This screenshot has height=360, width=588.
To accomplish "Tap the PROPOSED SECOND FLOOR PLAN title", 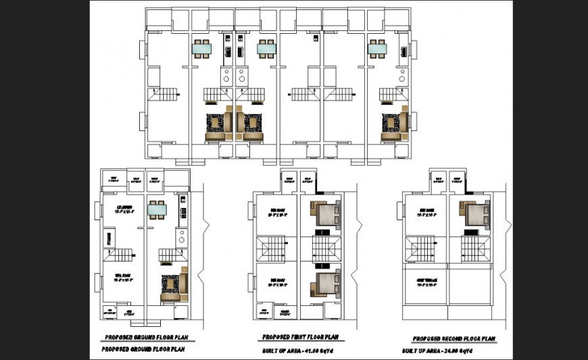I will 454,338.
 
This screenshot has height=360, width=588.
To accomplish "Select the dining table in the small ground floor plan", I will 157,211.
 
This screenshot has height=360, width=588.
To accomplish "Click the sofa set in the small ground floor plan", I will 172,286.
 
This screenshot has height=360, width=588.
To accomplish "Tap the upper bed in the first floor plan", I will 326,214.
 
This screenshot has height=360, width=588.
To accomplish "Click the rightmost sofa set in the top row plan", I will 393,126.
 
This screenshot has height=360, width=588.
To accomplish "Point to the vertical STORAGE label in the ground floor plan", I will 108,238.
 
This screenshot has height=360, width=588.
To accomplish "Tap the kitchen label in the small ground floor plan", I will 124,209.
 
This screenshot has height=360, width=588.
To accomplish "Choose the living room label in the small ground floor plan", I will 122,278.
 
